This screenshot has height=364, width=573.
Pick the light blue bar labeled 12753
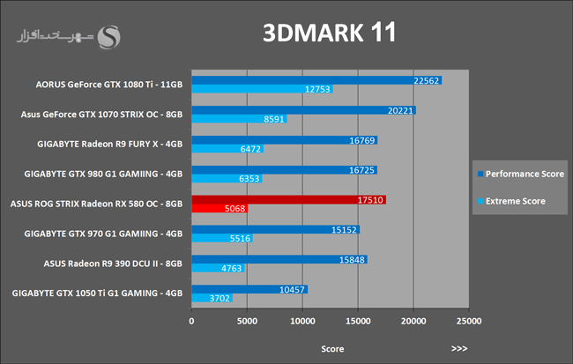[256, 89]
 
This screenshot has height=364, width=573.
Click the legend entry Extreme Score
[515, 201]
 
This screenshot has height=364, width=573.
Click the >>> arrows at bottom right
[458, 348]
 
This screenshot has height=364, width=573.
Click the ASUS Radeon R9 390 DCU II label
[113, 264]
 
